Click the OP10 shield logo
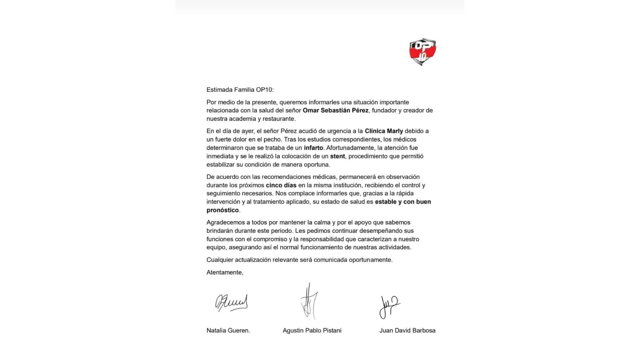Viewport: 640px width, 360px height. tap(423, 52)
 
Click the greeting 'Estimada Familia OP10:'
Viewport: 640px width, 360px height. tap(240, 90)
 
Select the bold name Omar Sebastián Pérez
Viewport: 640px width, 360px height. tap(335, 110)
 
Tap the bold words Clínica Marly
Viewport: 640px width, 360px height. tap(384, 131)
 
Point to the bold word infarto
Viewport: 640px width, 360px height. tap(313, 148)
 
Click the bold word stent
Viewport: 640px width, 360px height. tap(337, 156)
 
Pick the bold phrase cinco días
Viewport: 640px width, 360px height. tap(281, 185)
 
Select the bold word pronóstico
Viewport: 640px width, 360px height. tap(222, 210)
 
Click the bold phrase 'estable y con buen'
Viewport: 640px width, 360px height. tap(403, 202)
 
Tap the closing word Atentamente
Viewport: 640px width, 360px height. tap(225, 272)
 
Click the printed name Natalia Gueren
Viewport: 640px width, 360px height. tap(228, 331)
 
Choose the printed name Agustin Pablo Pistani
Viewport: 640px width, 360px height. tap(312, 331)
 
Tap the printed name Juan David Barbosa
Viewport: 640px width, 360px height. tap(407, 331)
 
